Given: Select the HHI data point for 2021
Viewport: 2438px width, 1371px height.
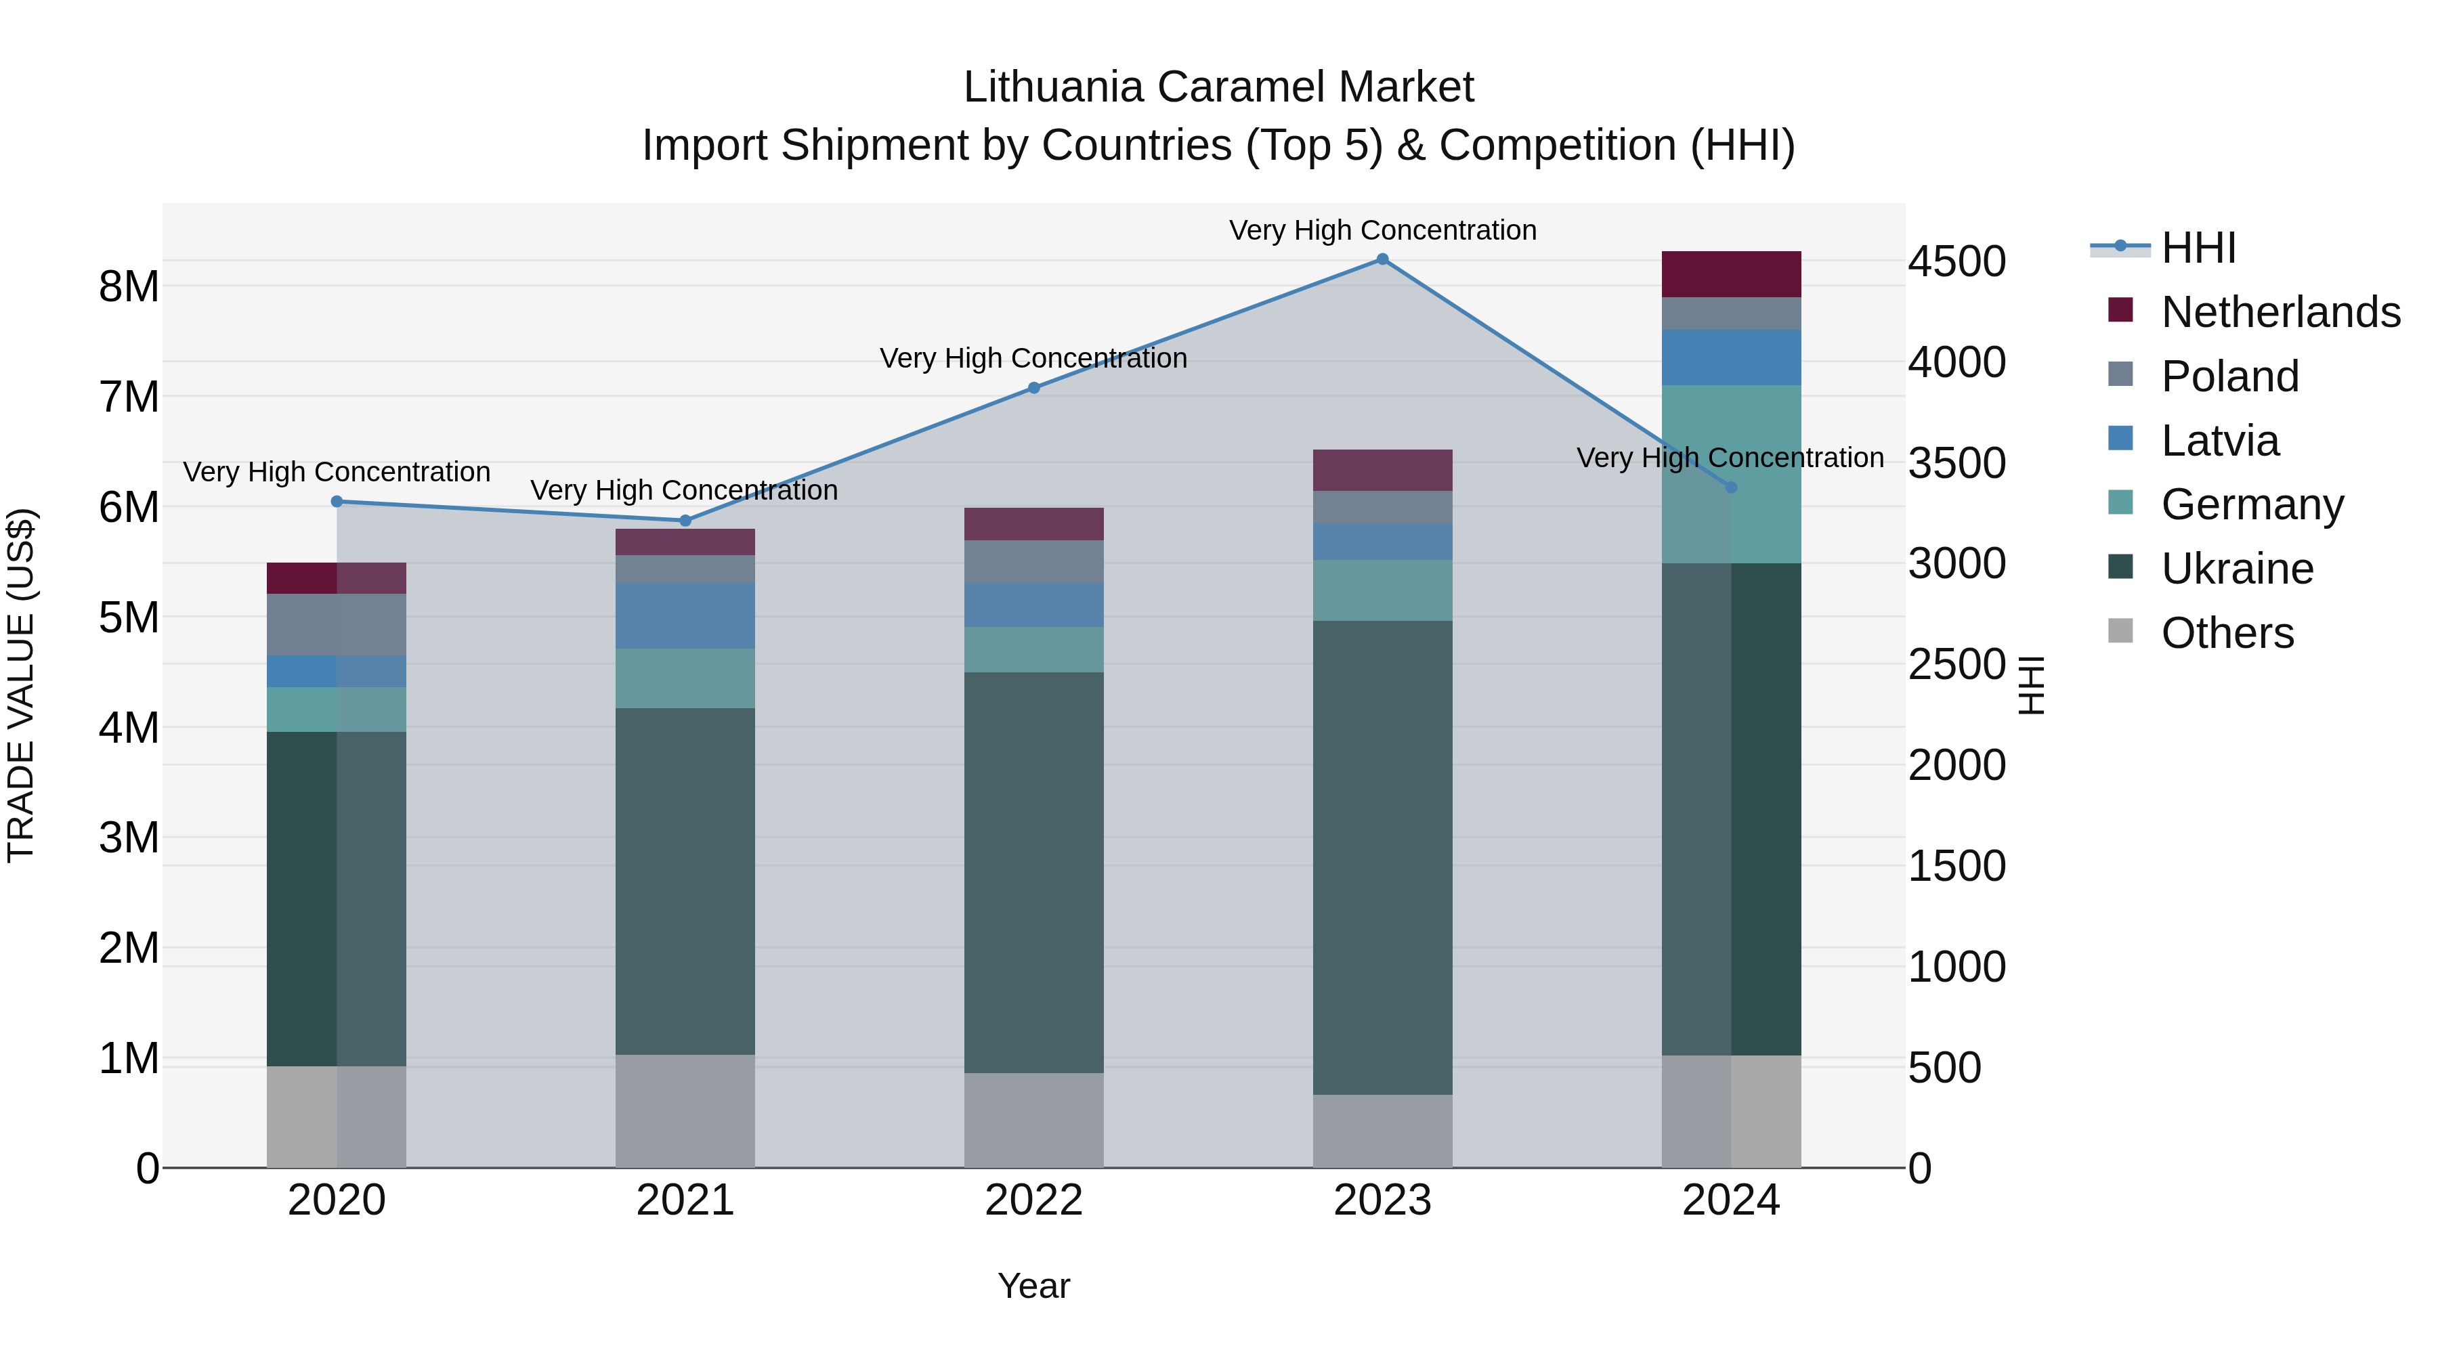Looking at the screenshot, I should click(x=685, y=521).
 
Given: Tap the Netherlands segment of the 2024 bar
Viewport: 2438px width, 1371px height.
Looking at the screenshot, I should click(x=1731, y=274).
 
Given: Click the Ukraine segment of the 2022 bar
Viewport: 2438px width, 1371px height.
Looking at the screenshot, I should click(x=1033, y=873).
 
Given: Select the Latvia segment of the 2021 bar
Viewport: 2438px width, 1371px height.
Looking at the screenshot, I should click(x=685, y=616).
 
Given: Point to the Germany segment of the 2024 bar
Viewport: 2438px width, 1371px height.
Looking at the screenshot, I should click(x=1731, y=474).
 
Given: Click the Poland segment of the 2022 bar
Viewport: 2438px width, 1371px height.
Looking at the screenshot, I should click(x=1033, y=562).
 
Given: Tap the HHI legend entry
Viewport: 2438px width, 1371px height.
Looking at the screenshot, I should click(x=2198, y=248).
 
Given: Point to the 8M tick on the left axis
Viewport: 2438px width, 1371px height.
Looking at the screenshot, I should click(x=129, y=286).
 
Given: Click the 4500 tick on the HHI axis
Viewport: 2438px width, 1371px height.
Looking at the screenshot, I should click(x=1956, y=262).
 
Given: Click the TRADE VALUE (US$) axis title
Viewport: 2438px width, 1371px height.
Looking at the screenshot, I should click(x=21, y=685).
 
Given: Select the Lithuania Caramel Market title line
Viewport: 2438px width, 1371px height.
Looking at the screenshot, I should click(x=1218, y=87).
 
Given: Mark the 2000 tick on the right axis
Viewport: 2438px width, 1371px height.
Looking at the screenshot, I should click(x=1956, y=766).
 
